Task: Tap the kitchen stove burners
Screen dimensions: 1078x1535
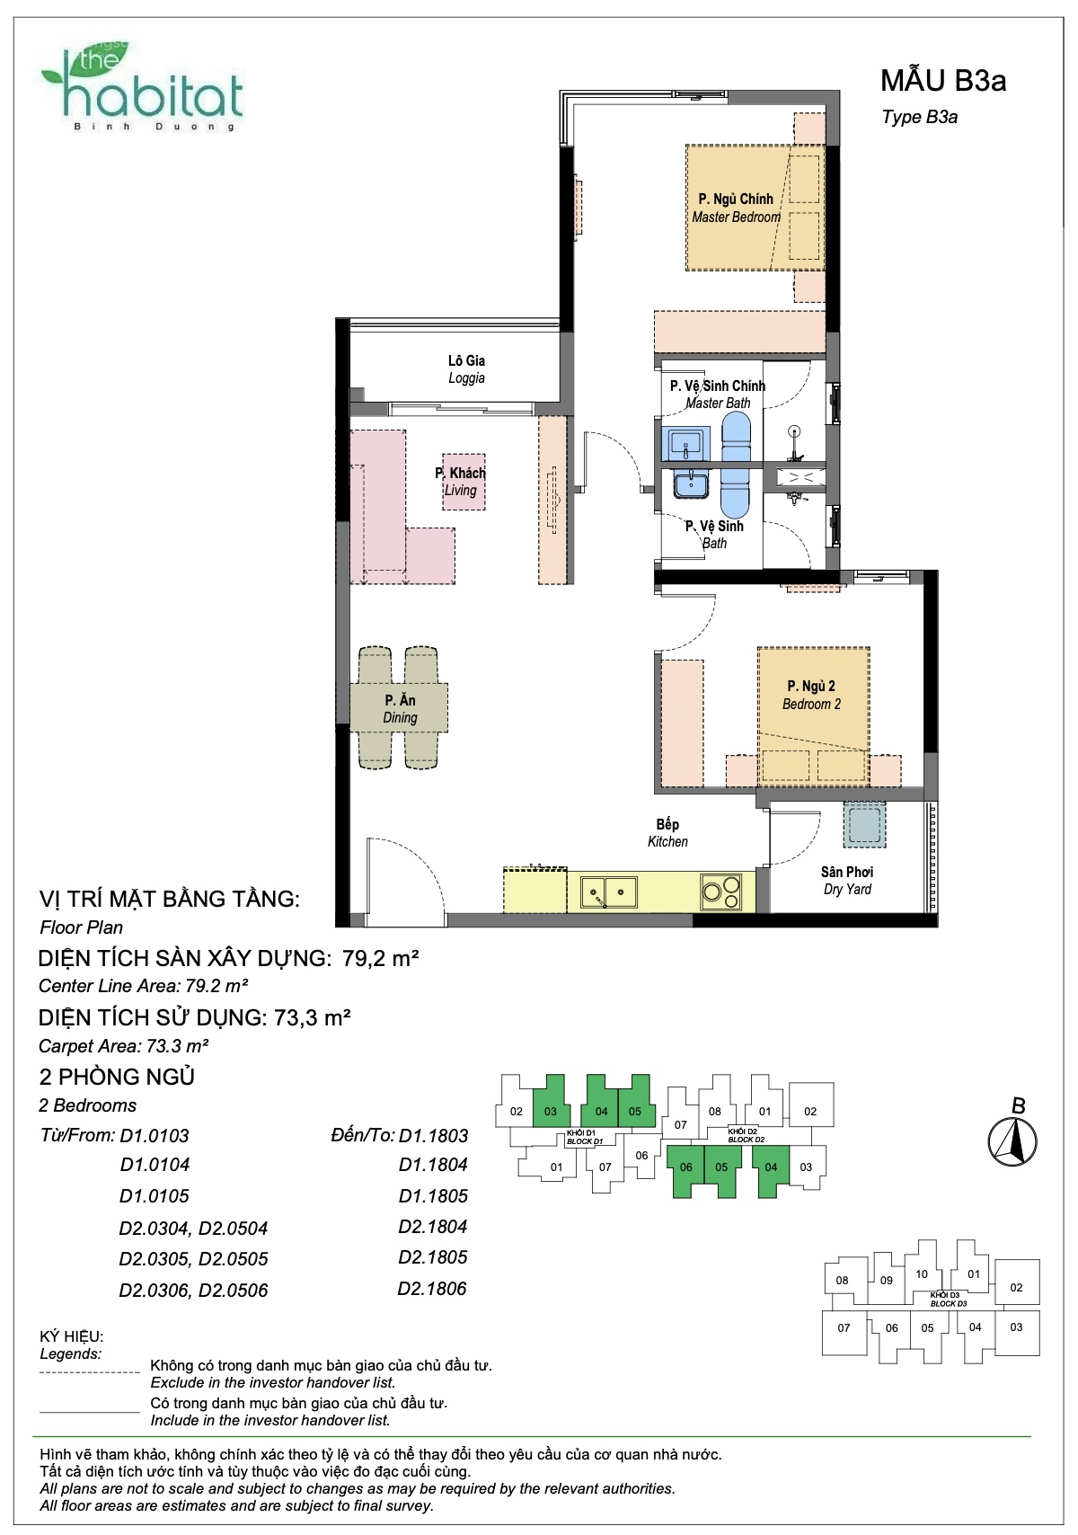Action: click(721, 892)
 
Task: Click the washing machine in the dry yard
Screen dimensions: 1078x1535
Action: click(864, 825)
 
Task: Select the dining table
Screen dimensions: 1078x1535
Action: click(400, 708)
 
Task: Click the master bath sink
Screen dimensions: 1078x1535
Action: click(685, 443)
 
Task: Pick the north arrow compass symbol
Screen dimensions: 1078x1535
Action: click(1012, 1142)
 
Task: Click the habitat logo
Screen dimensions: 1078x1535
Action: click(143, 87)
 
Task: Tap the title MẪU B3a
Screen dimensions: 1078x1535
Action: click(943, 80)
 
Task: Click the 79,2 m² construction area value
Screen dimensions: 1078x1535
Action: click(381, 958)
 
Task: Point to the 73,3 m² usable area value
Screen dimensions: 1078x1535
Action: click(313, 1017)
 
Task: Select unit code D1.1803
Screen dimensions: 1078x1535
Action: click(434, 1135)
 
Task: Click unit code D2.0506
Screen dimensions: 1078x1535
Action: click(233, 1291)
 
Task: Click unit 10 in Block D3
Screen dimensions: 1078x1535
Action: click(922, 1273)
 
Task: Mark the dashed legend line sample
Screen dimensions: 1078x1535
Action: click(90, 1372)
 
